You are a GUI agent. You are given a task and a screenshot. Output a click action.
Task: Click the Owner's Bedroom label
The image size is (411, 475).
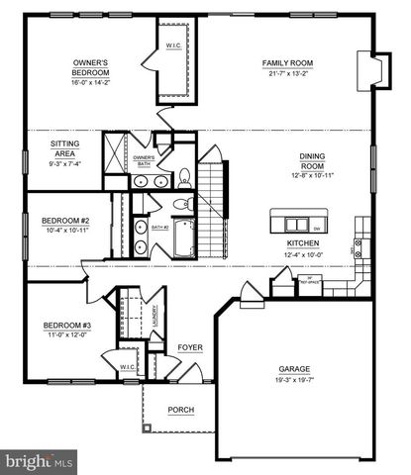click(x=89, y=67)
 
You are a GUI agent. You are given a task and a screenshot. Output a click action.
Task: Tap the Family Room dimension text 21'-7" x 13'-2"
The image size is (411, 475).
click(x=287, y=73)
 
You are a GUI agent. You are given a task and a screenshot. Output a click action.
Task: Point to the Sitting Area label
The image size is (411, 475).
click(x=65, y=148)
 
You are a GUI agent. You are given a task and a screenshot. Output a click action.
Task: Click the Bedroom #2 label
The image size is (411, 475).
click(x=65, y=221)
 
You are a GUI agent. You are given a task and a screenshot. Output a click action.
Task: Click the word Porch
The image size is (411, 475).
click(x=180, y=410)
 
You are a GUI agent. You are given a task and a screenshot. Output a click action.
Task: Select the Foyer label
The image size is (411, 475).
click(x=189, y=347)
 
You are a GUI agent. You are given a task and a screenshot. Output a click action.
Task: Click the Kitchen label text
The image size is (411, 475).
click(x=302, y=242)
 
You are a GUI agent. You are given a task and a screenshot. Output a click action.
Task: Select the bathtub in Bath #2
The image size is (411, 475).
click(x=184, y=237)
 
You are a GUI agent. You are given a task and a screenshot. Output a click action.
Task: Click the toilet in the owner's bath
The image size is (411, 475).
click(x=184, y=178)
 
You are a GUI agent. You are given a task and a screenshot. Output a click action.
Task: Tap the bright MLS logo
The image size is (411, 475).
click(x=40, y=460)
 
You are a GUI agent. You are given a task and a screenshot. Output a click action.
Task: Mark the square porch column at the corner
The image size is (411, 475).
click(x=147, y=427)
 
